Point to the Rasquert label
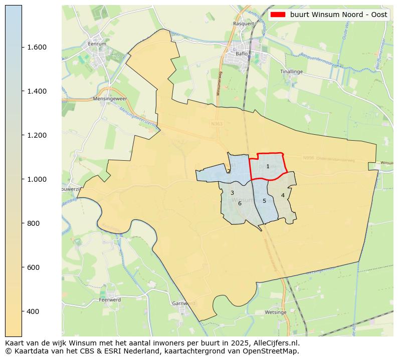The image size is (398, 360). (x=244, y=24)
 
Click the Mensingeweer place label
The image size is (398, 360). (x=108, y=99)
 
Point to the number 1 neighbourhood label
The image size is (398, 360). (x=268, y=166)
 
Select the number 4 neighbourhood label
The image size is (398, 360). (x=283, y=195)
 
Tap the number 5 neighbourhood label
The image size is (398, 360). (x=264, y=201)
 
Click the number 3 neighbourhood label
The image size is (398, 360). (x=232, y=193)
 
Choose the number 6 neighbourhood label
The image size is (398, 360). (x=240, y=203)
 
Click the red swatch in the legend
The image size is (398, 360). (x=278, y=15)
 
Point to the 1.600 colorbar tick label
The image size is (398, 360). (x=37, y=47)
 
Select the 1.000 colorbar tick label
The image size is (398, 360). (x=37, y=179)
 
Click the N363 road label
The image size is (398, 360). (x=217, y=124)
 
